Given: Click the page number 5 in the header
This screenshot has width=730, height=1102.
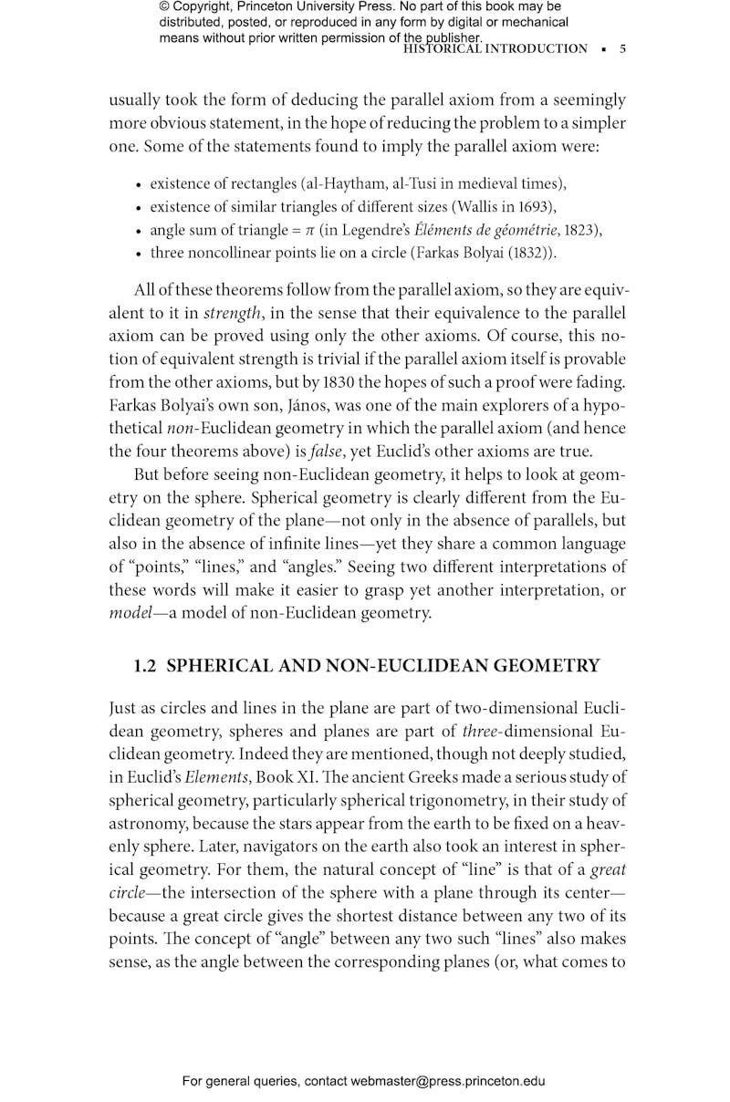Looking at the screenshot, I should click(x=622, y=49).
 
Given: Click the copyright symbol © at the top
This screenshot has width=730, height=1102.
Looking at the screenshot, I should click(x=165, y=7).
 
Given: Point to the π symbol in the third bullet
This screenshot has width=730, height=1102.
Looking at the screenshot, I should click(x=309, y=230).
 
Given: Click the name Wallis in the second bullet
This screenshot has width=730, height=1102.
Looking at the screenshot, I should click(x=479, y=205).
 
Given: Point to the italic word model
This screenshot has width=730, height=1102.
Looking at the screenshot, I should click(x=130, y=613).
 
